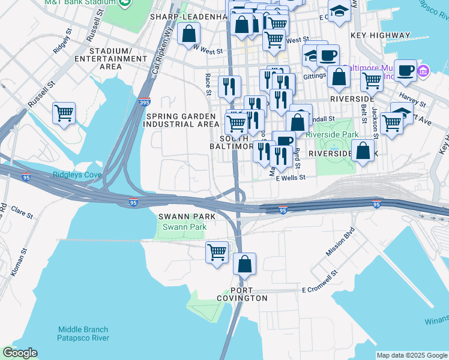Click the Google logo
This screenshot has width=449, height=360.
(x=20, y=353)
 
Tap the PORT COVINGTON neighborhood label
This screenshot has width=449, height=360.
(x=243, y=293)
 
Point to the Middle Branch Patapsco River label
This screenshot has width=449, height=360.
(x=83, y=334)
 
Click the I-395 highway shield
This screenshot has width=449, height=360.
(x=144, y=103)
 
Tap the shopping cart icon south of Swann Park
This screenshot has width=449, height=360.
(x=217, y=251)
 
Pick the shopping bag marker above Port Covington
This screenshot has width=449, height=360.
(x=244, y=263)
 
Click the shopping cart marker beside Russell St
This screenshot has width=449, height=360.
(x=64, y=112)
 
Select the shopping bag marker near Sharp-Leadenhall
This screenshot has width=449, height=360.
(x=188, y=34)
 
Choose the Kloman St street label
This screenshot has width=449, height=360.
(x=17, y=264)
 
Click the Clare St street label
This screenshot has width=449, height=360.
(x=21, y=212)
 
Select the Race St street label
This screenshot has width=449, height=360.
(x=208, y=84)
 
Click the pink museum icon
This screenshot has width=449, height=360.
(x=423, y=71)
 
